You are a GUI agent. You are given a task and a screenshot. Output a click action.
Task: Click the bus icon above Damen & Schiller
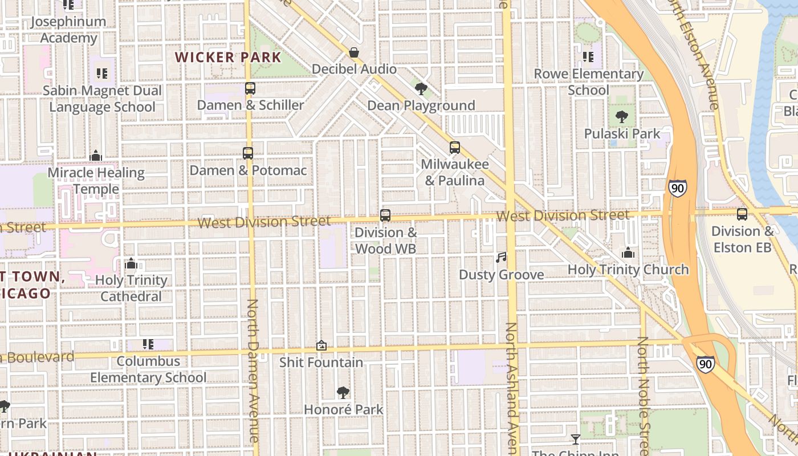[x=250, y=88]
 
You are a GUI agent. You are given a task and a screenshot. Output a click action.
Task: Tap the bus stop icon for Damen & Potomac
[x=248, y=153]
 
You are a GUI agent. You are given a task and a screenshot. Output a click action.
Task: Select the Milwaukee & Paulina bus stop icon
[x=454, y=148]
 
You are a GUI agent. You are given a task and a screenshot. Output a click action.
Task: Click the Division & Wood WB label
[x=386, y=241]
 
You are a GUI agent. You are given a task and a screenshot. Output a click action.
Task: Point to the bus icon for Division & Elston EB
[x=742, y=214]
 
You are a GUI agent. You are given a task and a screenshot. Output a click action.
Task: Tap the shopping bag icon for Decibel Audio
[x=354, y=53]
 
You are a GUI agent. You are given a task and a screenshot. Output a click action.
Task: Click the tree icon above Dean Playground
[x=421, y=88]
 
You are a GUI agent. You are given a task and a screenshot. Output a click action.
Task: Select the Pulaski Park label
[x=622, y=134]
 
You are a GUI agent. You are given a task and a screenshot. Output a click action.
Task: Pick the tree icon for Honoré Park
[x=343, y=392]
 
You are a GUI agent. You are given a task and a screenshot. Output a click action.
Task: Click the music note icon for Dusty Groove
[x=501, y=258]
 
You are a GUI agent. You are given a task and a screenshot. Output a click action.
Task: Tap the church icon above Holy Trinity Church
[x=628, y=253]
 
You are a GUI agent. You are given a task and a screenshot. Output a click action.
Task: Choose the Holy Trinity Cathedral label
[x=131, y=288]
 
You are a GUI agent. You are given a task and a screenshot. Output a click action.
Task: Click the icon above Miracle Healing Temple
[x=96, y=156]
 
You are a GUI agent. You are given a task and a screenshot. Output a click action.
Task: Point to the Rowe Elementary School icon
[x=588, y=57]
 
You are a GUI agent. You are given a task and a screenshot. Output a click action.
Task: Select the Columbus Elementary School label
[x=148, y=369]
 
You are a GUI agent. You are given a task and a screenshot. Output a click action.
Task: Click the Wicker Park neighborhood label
[x=228, y=58]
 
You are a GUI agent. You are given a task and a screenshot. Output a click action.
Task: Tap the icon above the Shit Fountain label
[x=321, y=345]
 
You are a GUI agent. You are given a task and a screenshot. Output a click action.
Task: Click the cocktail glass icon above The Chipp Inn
[x=576, y=439]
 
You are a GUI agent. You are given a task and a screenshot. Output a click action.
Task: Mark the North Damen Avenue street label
[x=253, y=370]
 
